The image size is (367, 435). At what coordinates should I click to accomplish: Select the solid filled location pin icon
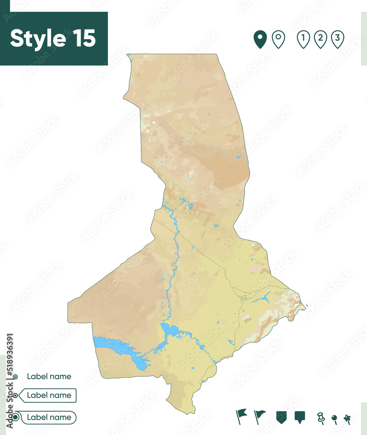pyautogui.click(x=260, y=39)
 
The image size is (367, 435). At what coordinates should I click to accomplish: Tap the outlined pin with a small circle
pyautogui.click(x=278, y=39)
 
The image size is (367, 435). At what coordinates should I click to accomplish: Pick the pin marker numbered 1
pyautogui.click(x=303, y=39)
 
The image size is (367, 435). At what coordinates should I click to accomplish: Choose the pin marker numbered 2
pyautogui.click(x=320, y=39)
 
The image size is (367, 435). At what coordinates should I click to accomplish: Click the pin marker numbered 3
pyautogui.click(x=337, y=39)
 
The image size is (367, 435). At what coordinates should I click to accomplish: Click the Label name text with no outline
pyautogui.click(x=49, y=376)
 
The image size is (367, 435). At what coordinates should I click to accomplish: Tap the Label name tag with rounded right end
pyautogui.click(x=49, y=418)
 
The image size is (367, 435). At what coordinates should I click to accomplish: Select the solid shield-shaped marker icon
pyautogui.click(x=282, y=417)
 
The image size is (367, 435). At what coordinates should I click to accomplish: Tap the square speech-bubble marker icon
pyautogui.click(x=300, y=417)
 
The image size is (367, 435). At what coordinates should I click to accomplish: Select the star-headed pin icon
pyautogui.click(x=347, y=418)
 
